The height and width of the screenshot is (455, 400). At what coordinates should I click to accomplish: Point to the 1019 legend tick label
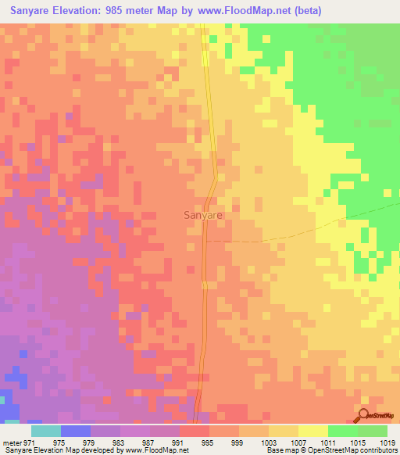coord(388,442)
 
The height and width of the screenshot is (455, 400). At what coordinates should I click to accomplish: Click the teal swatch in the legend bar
coord(46,431)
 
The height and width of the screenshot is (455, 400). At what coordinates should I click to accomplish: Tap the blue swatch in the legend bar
coord(76,431)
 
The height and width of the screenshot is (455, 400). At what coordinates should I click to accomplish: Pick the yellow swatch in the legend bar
coord(313,431)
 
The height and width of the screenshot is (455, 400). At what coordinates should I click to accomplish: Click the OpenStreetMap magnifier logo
coord(363,417)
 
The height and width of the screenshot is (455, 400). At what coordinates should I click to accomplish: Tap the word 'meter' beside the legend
coord(13,442)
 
